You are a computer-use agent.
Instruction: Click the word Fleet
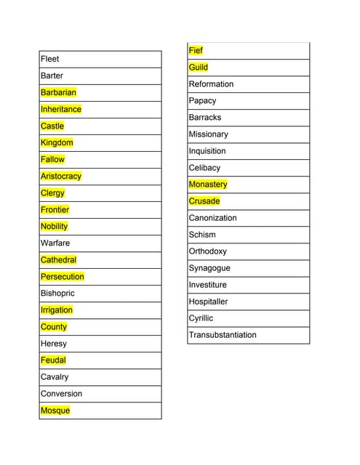[x=50, y=59]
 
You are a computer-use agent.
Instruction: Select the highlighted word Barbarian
[x=58, y=92]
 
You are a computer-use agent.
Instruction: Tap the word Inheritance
[x=61, y=109]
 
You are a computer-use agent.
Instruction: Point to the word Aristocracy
[x=61, y=176]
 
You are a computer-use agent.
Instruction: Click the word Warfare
[x=55, y=243]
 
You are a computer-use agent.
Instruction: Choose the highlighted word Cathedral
[x=58, y=259]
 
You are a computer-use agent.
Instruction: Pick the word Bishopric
[x=57, y=293]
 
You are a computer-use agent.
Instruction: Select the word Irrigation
[x=57, y=310]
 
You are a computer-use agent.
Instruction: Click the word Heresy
[x=54, y=343]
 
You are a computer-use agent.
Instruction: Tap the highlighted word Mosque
[x=55, y=411]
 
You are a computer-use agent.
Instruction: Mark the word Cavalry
[x=55, y=376]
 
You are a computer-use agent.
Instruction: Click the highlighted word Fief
[x=196, y=50]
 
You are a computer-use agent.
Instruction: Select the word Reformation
[x=211, y=84]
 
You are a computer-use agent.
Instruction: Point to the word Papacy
[x=202, y=100]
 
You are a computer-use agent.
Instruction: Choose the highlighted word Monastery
[x=208, y=185]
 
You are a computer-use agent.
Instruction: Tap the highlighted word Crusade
[x=204, y=201]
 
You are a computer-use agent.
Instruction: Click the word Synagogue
[x=209, y=268]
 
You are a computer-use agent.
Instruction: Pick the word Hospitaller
[x=208, y=302]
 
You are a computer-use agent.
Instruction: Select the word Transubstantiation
[x=223, y=335]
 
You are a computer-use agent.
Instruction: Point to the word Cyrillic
[x=201, y=318]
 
